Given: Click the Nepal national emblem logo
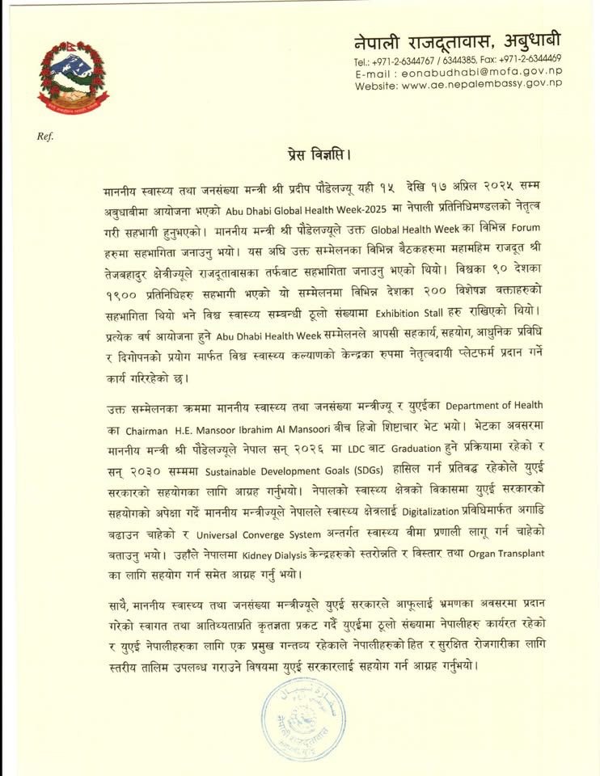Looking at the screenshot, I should pos(73,78).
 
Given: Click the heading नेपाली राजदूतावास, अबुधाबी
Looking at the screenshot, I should pos(457,41).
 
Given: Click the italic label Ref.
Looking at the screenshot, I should pos(44,136).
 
